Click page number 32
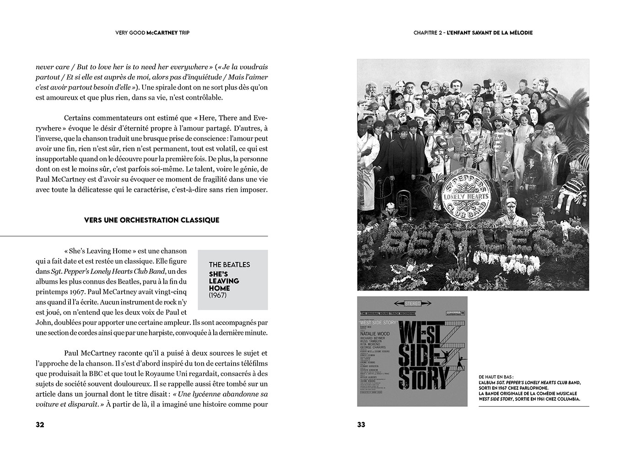click(40, 425)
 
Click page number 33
click(361, 425)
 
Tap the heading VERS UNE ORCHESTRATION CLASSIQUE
click(151, 220)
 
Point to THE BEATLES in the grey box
click(229, 265)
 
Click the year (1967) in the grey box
click(217, 295)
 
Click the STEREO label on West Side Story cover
click(412, 303)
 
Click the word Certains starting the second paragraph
click(79, 118)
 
